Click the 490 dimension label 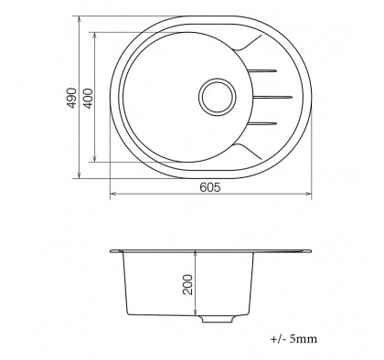(72, 98)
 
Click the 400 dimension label (89, 99)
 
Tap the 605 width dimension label (210, 187)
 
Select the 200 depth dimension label (188, 284)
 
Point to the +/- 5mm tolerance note (293, 339)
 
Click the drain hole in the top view (218, 97)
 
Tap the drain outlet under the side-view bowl (217, 319)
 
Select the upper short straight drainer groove (262, 71)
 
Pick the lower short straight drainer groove (262, 123)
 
